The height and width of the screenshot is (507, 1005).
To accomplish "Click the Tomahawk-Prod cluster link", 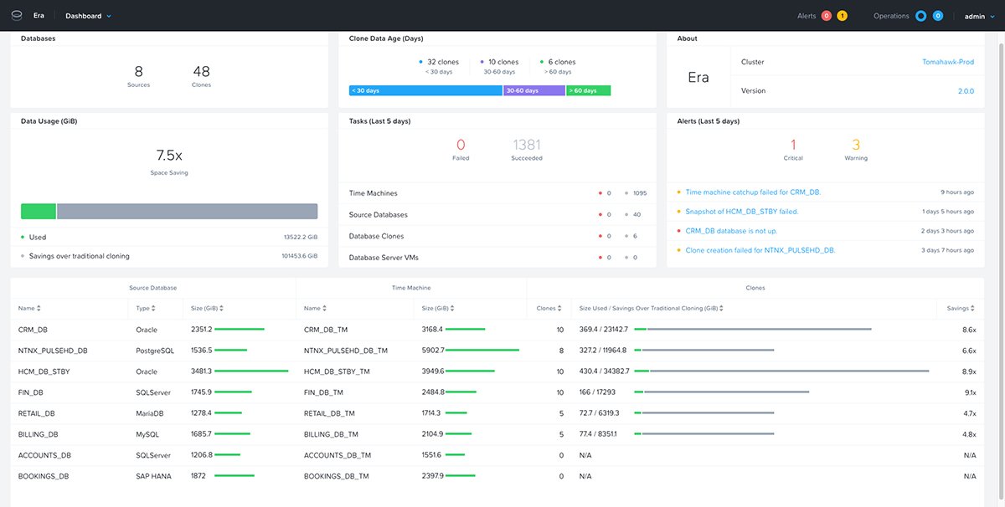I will [x=948, y=62].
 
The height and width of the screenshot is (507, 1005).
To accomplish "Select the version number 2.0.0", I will [x=965, y=91].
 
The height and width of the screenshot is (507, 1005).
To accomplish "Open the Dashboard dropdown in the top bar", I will [x=87, y=16].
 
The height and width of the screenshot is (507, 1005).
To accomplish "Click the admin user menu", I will [x=977, y=16].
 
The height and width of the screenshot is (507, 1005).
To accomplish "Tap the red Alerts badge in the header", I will [x=826, y=16].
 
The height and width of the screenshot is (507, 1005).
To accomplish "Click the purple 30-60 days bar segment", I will [x=533, y=90].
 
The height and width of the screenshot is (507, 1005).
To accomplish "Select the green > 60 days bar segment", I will [x=588, y=90].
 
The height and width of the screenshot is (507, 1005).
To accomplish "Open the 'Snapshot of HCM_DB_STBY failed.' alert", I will [x=741, y=212].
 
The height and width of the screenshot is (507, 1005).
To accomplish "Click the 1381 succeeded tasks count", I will [x=527, y=146].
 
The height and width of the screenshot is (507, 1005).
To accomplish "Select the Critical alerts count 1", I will [x=793, y=146].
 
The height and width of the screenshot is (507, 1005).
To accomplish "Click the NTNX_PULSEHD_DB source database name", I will [x=53, y=351].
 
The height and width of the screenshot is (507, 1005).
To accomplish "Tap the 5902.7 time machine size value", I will [x=433, y=351].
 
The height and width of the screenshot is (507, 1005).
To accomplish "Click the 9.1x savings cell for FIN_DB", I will [x=969, y=392].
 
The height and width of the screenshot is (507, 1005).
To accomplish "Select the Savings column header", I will [x=958, y=309].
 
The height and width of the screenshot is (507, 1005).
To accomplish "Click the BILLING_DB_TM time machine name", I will [x=331, y=434].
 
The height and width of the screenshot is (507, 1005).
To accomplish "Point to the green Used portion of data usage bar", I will [x=38, y=211].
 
